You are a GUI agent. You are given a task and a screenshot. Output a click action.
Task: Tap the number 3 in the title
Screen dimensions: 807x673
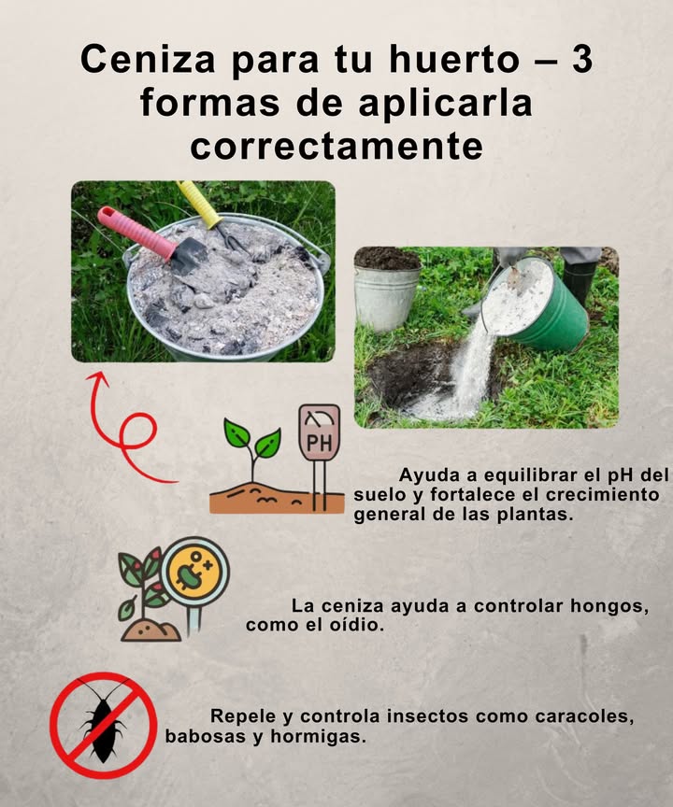(580, 59)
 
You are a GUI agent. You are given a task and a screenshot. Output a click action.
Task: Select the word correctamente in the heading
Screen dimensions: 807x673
(336, 146)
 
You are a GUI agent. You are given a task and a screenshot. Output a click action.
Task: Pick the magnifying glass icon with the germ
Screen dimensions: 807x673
(193, 577)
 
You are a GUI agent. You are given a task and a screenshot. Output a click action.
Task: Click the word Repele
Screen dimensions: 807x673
(243, 717)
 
